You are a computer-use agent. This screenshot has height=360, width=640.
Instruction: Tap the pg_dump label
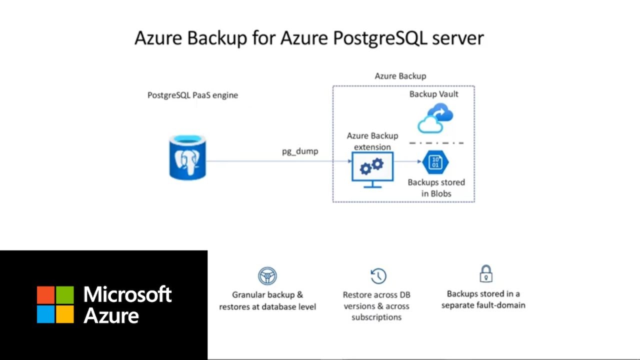pyautogui.click(x=300, y=151)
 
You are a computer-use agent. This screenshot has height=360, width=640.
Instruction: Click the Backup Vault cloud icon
pyautogui.click(x=435, y=118)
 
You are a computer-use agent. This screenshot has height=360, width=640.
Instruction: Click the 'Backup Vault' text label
pyautogui.click(x=433, y=94)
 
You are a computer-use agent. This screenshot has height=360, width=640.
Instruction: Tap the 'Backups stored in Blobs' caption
pyautogui.click(x=436, y=188)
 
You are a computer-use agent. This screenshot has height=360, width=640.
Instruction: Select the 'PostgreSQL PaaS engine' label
pyautogui.click(x=192, y=95)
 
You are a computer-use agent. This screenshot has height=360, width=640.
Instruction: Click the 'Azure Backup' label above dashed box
pyautogui.click(x=400, y=76)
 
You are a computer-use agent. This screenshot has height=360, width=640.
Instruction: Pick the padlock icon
pyautogui.click(x=485, y=274)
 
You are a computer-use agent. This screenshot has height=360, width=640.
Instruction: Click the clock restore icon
pyautogui.click(x=378, y=276)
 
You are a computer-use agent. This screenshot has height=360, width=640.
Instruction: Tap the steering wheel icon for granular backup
pyautogui.click(x=267, y=276)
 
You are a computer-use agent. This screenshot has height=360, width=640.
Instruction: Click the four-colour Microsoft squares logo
pyautogui.click(x=55, y=304)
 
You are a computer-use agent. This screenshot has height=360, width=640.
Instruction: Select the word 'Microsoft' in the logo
pyautogui.click(x=127, y=294)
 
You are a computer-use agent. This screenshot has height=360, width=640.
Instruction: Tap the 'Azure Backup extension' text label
pyautogui.click(x=372, y=141)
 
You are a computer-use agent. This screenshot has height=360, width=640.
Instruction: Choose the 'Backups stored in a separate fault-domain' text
pyautogui.click(x=483, y=299)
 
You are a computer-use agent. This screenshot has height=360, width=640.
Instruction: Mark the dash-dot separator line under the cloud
pyautogui.click(x=436, y=143)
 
